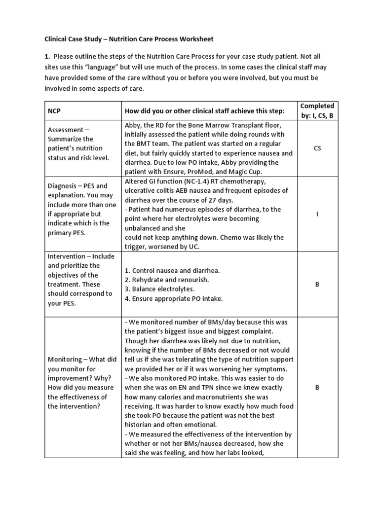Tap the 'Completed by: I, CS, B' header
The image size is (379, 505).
(x=317, y=111)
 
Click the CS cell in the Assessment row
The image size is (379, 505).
(x=317, y=148)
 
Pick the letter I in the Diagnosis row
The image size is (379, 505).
(x=317, y=214)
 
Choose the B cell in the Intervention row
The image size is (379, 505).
(x=317, y=285)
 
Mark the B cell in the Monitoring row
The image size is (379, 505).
(x=317, y=388)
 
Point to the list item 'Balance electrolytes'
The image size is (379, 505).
(x=163, y=289)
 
